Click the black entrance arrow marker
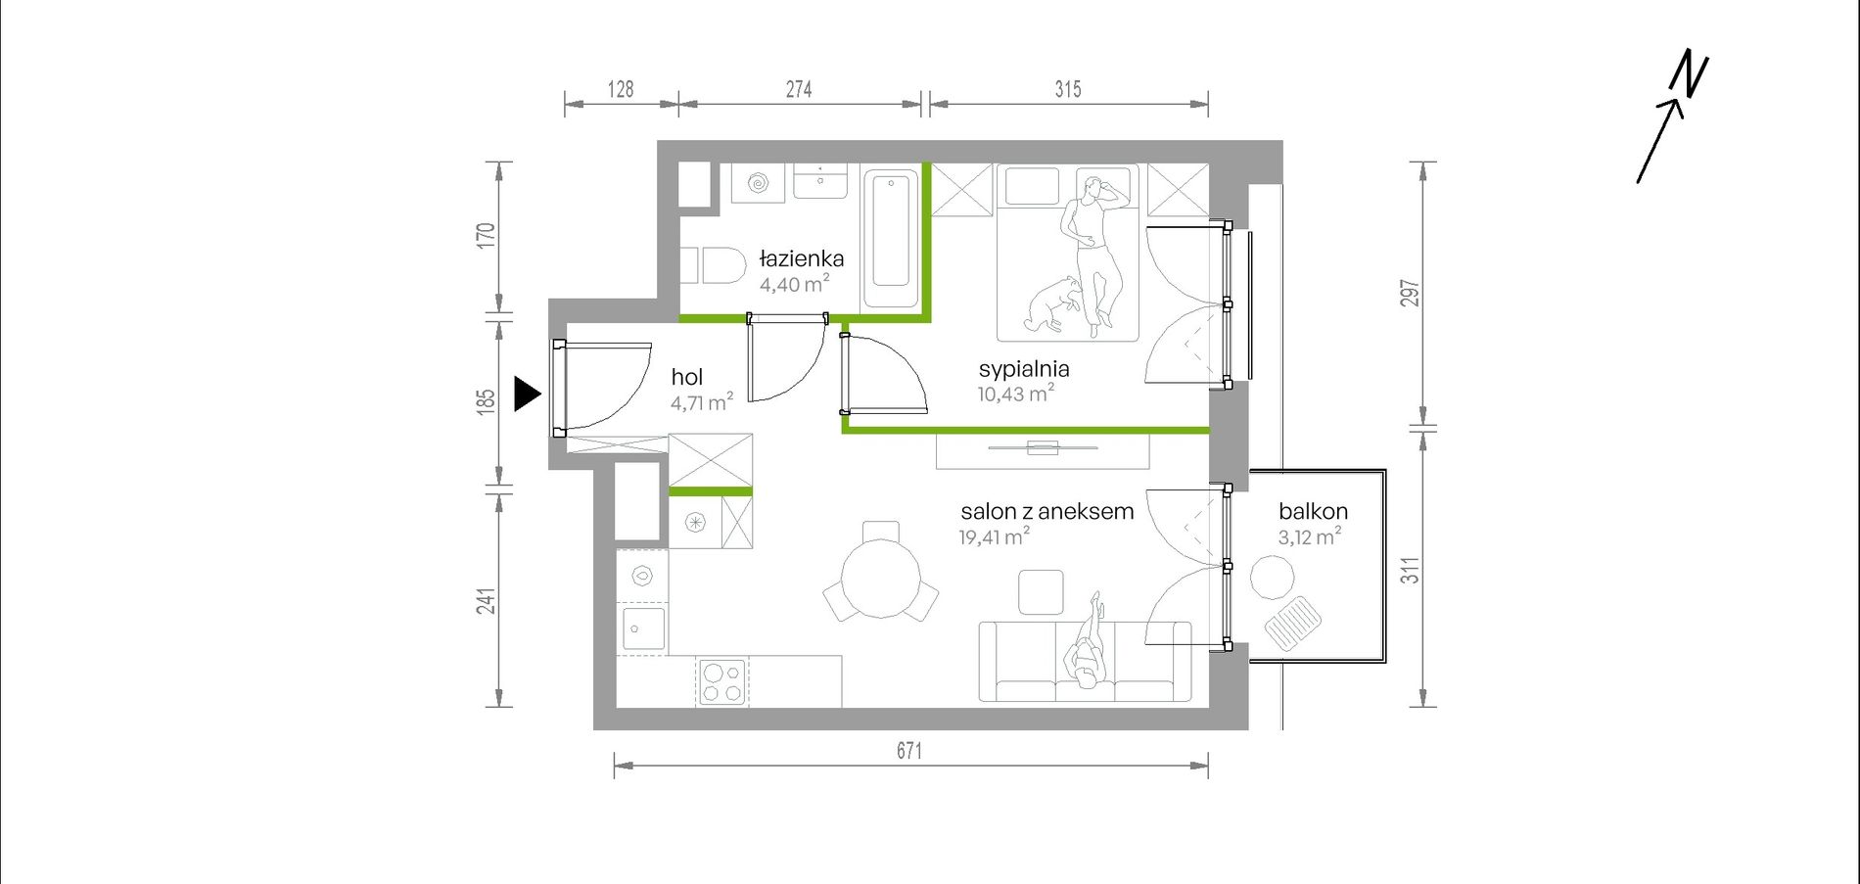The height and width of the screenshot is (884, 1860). [x=527, y=395]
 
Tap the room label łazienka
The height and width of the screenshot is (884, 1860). [x=802, y=259]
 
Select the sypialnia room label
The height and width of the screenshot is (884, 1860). [x=1024, y=369]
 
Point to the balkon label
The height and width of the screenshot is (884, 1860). [x=1313, y=511]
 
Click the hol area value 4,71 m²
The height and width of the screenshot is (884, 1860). [x=702, y=402]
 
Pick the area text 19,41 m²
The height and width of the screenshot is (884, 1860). [x=995, y=536]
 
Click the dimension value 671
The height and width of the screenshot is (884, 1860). [x=909, y=751]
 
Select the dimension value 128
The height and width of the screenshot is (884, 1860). [x=621, y=89]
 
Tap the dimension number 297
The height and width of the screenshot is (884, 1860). [x=1410, y=294]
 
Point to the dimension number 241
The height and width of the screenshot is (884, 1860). [x=487, y=601]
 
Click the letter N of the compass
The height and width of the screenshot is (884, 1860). [x=1690, y=75]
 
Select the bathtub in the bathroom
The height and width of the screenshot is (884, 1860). [x=891, y=240]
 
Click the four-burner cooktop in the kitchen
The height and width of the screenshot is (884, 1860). [x=722, y=681]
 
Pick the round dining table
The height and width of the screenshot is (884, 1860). [x=881, y=579]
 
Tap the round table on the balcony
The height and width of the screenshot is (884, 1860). [x=1273, y=578]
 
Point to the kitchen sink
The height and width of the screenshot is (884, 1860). [x=643, y=628]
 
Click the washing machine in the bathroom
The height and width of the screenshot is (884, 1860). [x=759, y=182]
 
